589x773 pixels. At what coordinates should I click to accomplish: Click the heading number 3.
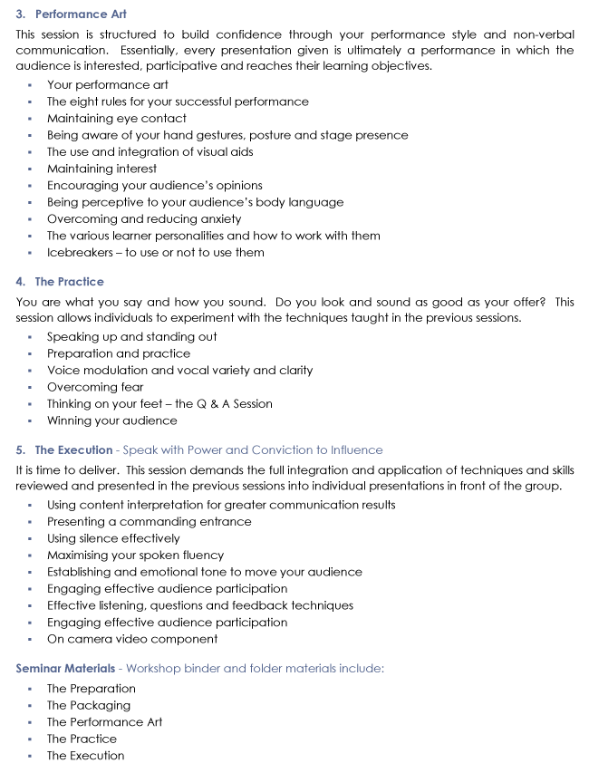21,14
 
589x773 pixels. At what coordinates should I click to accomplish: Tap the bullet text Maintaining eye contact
116,118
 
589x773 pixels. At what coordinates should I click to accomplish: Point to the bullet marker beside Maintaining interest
30,169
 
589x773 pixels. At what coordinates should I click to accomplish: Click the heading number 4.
21,282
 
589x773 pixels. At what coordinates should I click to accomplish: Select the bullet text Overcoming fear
95,387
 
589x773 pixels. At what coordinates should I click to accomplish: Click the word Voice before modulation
63,370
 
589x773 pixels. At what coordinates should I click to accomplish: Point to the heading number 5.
21,449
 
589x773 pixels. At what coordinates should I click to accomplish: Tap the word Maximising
81,555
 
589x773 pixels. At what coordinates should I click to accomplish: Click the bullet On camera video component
132,639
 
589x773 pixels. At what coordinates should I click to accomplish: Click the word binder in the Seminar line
202,669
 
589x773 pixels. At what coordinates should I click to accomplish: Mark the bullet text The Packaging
89,705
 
